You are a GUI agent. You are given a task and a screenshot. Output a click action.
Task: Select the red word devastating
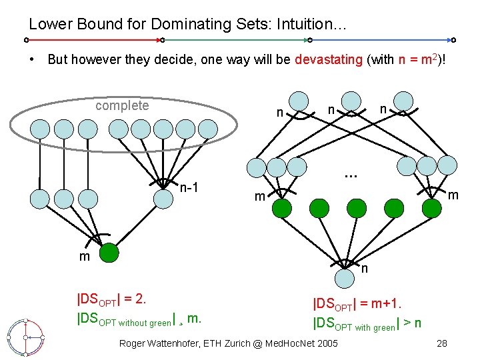[328, 59]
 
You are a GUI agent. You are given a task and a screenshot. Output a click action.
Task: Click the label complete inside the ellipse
[122, 105]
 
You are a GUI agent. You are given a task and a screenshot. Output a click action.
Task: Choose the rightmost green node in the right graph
[432, 208]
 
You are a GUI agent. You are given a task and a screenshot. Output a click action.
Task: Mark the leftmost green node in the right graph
[283, 209]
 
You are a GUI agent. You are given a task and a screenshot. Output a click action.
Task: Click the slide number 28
[441, 343]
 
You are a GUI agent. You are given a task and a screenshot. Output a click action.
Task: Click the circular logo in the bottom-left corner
[25, 337]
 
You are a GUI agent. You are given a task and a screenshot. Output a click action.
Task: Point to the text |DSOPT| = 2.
[111, 298]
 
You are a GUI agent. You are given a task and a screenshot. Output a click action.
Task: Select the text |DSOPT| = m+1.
[357, 304]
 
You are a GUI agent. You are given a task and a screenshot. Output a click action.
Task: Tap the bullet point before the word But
[32, 59]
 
